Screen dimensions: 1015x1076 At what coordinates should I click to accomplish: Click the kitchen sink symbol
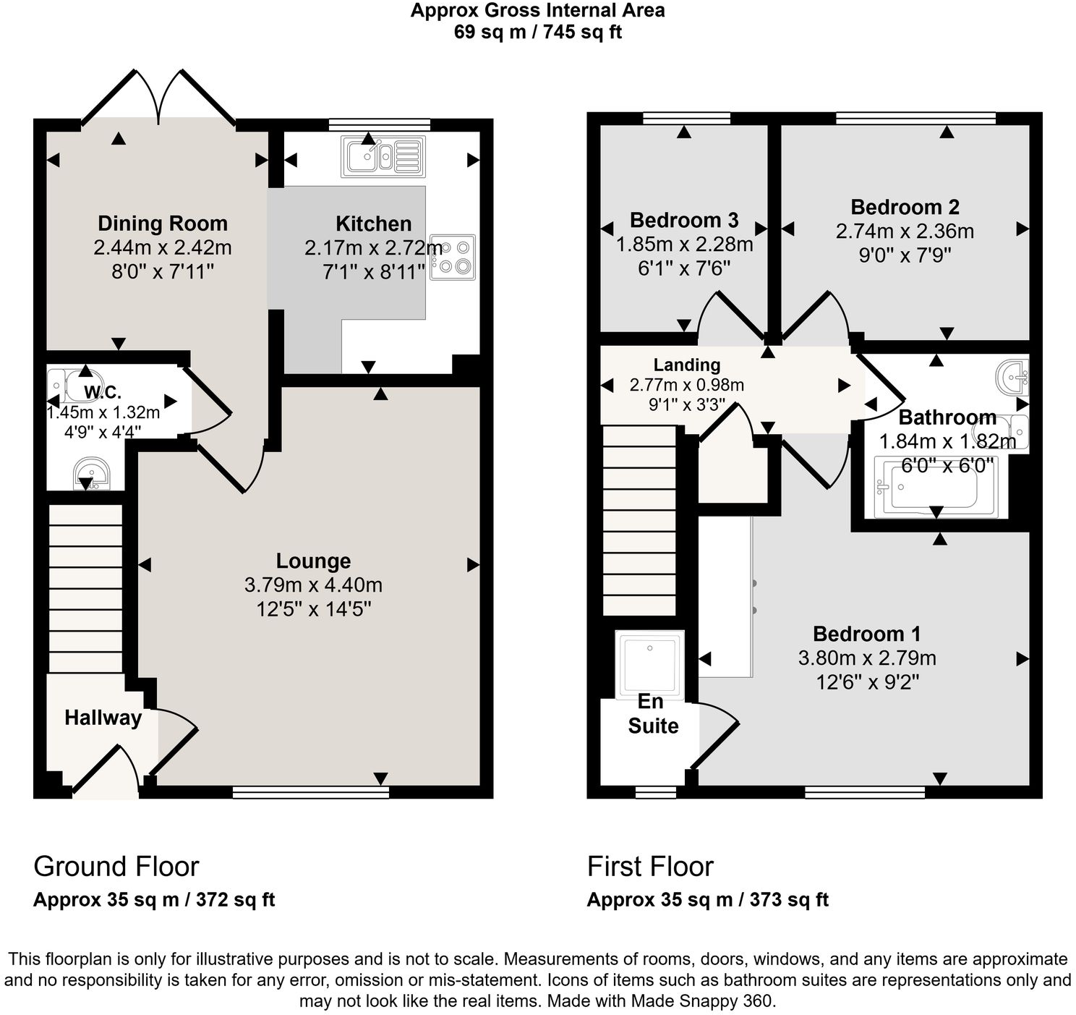[x=383, y=156]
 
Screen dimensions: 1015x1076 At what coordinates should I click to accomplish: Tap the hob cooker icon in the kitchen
[x=453, y=257]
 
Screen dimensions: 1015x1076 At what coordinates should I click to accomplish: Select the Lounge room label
[x=313, y=561]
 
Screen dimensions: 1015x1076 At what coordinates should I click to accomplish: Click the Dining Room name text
[x=163, y=224]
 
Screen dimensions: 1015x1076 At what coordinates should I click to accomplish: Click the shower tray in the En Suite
[x=649, y=663]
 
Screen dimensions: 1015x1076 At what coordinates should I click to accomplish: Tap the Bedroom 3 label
[x=684, y=220]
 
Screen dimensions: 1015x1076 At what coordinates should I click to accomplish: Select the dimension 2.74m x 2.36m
[x=905, y=232]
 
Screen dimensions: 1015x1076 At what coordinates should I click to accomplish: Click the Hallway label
[x=103, y=718]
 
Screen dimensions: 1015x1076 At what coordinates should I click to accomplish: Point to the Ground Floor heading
[x=116, y=866]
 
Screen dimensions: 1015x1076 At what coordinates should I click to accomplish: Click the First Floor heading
[x=650, y=866]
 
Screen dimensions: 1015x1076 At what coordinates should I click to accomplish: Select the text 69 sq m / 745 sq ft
[x=537, y=33]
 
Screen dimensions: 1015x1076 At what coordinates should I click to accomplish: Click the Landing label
[x=686, y=365]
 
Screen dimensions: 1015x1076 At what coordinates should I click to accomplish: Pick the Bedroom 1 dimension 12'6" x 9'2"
[x=867, y=682]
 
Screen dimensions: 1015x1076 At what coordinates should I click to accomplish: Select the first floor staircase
[x=639, y=520]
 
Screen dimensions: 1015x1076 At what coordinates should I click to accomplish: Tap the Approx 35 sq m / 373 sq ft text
[x=707, y=900]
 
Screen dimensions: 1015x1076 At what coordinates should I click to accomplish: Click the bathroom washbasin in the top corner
[x=1014, y=375]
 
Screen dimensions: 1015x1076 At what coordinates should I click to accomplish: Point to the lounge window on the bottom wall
[x=311, y=792]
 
